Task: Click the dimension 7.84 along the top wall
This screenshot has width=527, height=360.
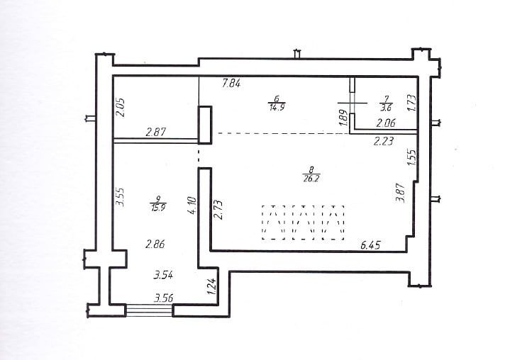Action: point(231,83)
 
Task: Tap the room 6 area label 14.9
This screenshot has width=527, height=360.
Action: point(277,107)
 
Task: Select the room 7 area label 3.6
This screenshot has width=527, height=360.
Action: point(386,108)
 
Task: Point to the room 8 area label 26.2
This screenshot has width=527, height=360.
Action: point(311,178)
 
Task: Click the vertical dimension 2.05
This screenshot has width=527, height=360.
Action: point(121,107)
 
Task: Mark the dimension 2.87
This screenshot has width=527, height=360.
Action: point(156,132)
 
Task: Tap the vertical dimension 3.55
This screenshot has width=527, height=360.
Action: point(121,197)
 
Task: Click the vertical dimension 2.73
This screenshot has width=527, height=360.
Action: point(218,210)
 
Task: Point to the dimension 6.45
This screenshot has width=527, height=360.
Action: point(370,245)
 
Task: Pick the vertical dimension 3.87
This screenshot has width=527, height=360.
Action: point(401,192)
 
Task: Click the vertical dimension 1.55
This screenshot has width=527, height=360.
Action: point(412,156)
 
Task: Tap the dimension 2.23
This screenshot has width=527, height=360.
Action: point(384,141)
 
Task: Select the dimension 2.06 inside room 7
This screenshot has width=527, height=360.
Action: point(386,123)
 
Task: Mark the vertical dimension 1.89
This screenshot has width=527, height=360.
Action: point(343,118)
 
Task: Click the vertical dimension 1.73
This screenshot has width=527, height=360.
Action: point(411,103)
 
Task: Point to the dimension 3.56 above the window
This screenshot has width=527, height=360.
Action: point(164,298)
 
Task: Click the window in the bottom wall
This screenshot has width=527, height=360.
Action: point(149,310)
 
